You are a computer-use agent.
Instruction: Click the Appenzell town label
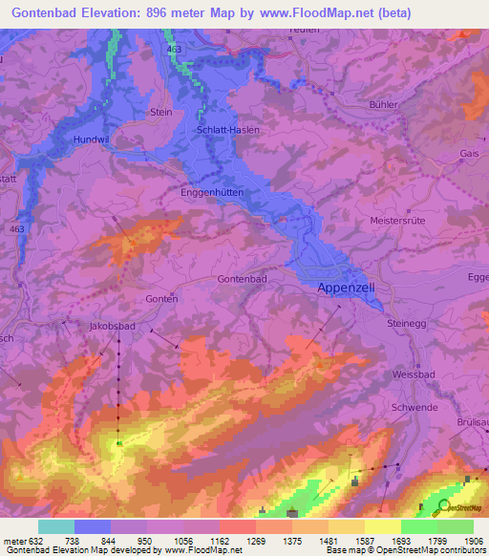345,287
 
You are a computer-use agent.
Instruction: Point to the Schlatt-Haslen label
227,129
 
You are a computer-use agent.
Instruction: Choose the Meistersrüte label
396,220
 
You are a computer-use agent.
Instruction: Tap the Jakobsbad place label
113,326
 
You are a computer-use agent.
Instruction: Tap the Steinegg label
407,323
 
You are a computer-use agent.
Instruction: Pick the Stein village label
161,112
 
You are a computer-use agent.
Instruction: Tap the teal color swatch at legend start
56,526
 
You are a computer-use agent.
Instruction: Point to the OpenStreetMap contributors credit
435,551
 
